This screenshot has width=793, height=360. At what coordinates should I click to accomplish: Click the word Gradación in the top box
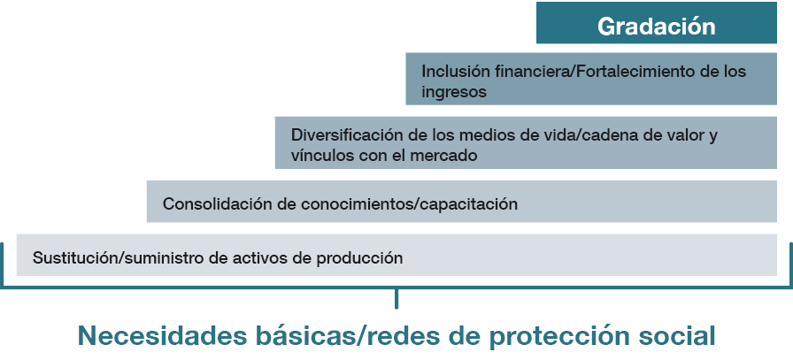657,27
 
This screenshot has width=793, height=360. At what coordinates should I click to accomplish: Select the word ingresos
454,93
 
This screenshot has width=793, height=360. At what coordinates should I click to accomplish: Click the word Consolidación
218,203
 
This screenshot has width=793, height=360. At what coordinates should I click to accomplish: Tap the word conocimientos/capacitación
409,203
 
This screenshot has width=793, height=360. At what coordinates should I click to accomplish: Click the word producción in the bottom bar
359,258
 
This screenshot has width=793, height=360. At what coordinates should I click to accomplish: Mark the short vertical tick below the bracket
396,298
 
